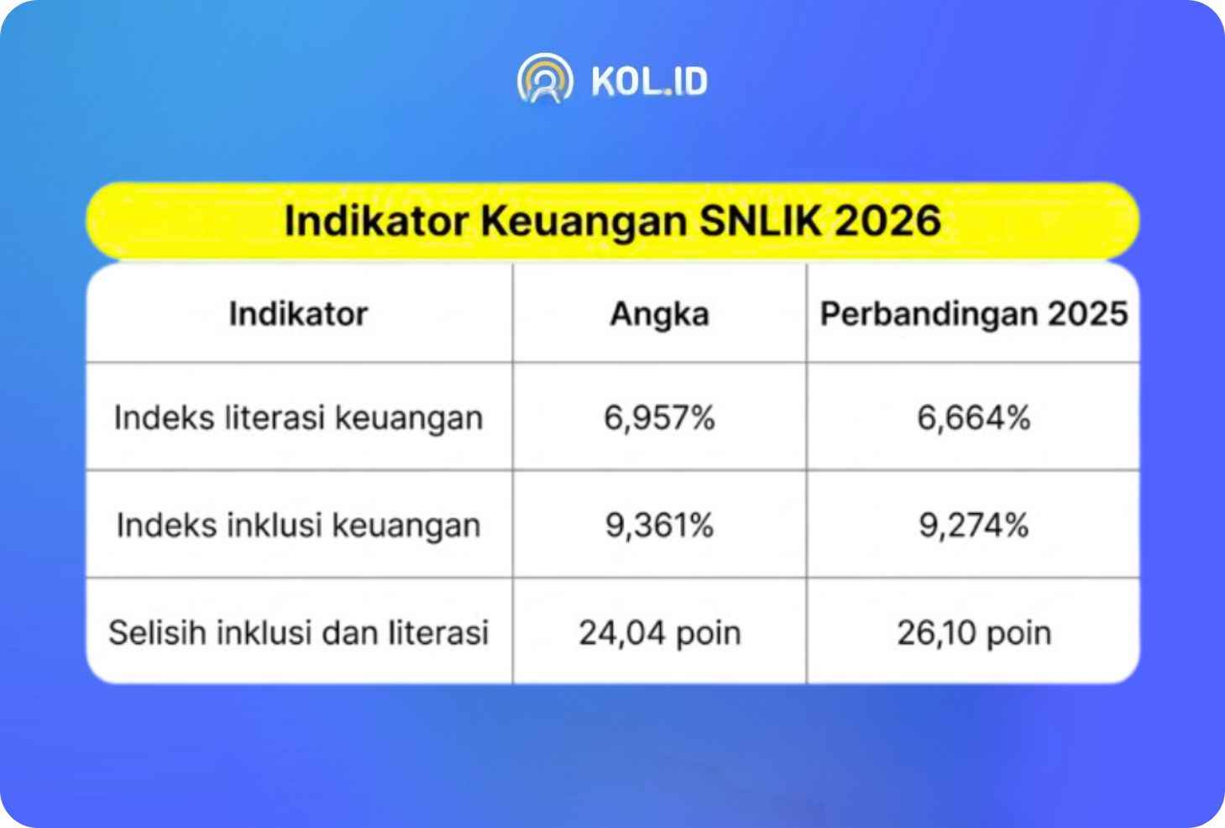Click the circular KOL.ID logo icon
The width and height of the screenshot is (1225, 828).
(x=545, y=79)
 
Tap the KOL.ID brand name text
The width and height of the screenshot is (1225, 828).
(x=650, y=81)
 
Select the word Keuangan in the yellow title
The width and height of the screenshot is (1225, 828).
(x=584, y=222)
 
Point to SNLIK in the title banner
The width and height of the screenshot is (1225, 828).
(x=761, y=221)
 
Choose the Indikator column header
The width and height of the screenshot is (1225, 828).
(x=299, y=314)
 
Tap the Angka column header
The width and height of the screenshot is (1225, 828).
(x=660, y=315)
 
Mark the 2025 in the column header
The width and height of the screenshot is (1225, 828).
(x=1088, y=314)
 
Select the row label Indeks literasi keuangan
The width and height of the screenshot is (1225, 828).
(x=299, y=418)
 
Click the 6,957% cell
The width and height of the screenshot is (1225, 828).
(x=660, y=418)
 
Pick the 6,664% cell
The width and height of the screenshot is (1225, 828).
(x=974, y=418)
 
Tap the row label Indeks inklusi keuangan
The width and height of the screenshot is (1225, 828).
(x=299, y=526)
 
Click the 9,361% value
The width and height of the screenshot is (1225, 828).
(x=660, y=526)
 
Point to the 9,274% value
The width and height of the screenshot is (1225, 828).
(x=974, y=526)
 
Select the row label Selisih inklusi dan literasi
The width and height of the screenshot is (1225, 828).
(x=299, y=633)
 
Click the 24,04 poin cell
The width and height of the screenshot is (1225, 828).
(x=660, y=634)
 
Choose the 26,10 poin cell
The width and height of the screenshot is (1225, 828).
(x=974, y=634)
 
